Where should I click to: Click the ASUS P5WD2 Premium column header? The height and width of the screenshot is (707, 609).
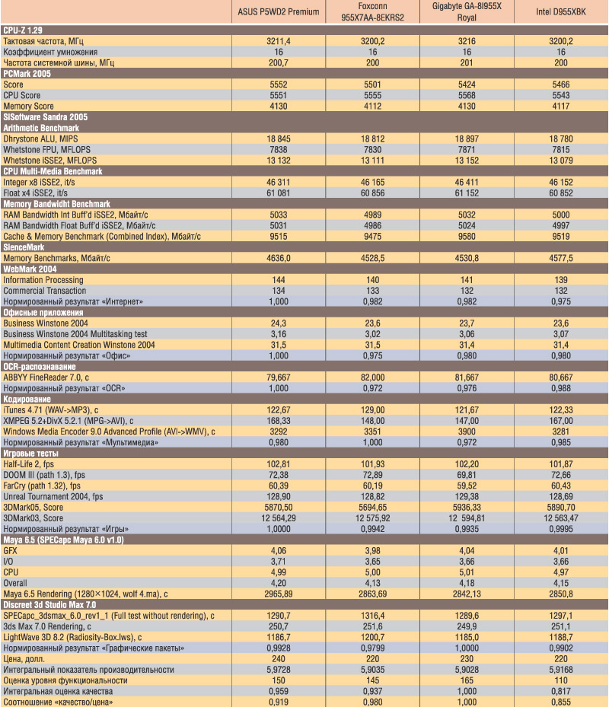[x=279, y=11]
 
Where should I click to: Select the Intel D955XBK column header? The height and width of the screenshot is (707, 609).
[x=561, y=11]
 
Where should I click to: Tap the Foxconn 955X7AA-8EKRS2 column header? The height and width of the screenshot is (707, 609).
[x=372, y=11]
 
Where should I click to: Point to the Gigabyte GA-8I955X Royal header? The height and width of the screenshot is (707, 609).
[x=467, y=11]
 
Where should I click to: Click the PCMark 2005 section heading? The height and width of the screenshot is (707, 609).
[x=27, y=74]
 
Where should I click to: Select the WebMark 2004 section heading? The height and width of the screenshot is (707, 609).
[x=30, y=269]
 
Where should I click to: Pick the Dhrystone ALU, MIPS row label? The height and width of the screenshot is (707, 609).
[x=40, y=139]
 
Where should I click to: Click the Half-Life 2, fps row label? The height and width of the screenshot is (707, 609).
[x=28, y=464]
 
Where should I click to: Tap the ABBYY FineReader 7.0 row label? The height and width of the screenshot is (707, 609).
[x=46, y=377]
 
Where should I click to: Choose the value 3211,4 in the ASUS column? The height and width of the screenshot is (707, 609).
[x=279, y=41]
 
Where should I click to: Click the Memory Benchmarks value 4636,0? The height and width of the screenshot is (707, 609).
[x=279, y=258]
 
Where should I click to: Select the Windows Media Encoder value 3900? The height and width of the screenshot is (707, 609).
[x=467, y=432]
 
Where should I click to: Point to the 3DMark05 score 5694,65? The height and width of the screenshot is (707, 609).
[x=372, y=508]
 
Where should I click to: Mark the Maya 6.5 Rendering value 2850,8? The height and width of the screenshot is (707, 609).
[x=561, y=594]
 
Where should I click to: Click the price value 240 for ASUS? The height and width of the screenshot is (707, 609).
[x=279, y=659]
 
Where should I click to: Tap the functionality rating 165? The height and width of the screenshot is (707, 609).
[x=467, y=680]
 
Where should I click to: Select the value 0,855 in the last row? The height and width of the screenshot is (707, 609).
[x=561, y=702]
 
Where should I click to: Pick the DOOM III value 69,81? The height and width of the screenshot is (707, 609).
[x=467, y=475]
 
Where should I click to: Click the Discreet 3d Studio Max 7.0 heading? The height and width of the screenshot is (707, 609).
[x=49, y=605]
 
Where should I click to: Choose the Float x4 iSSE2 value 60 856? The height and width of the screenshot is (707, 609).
[x=372, y=193]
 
